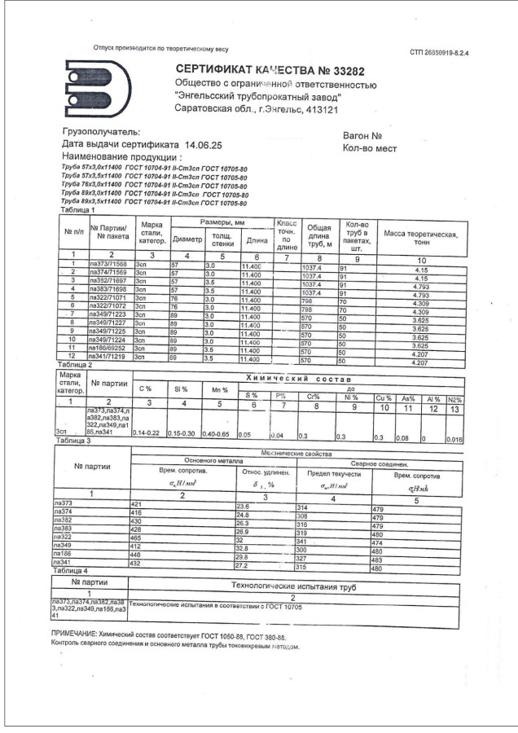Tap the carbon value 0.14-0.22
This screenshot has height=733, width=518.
pyautogui.click(x=148, y=431)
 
